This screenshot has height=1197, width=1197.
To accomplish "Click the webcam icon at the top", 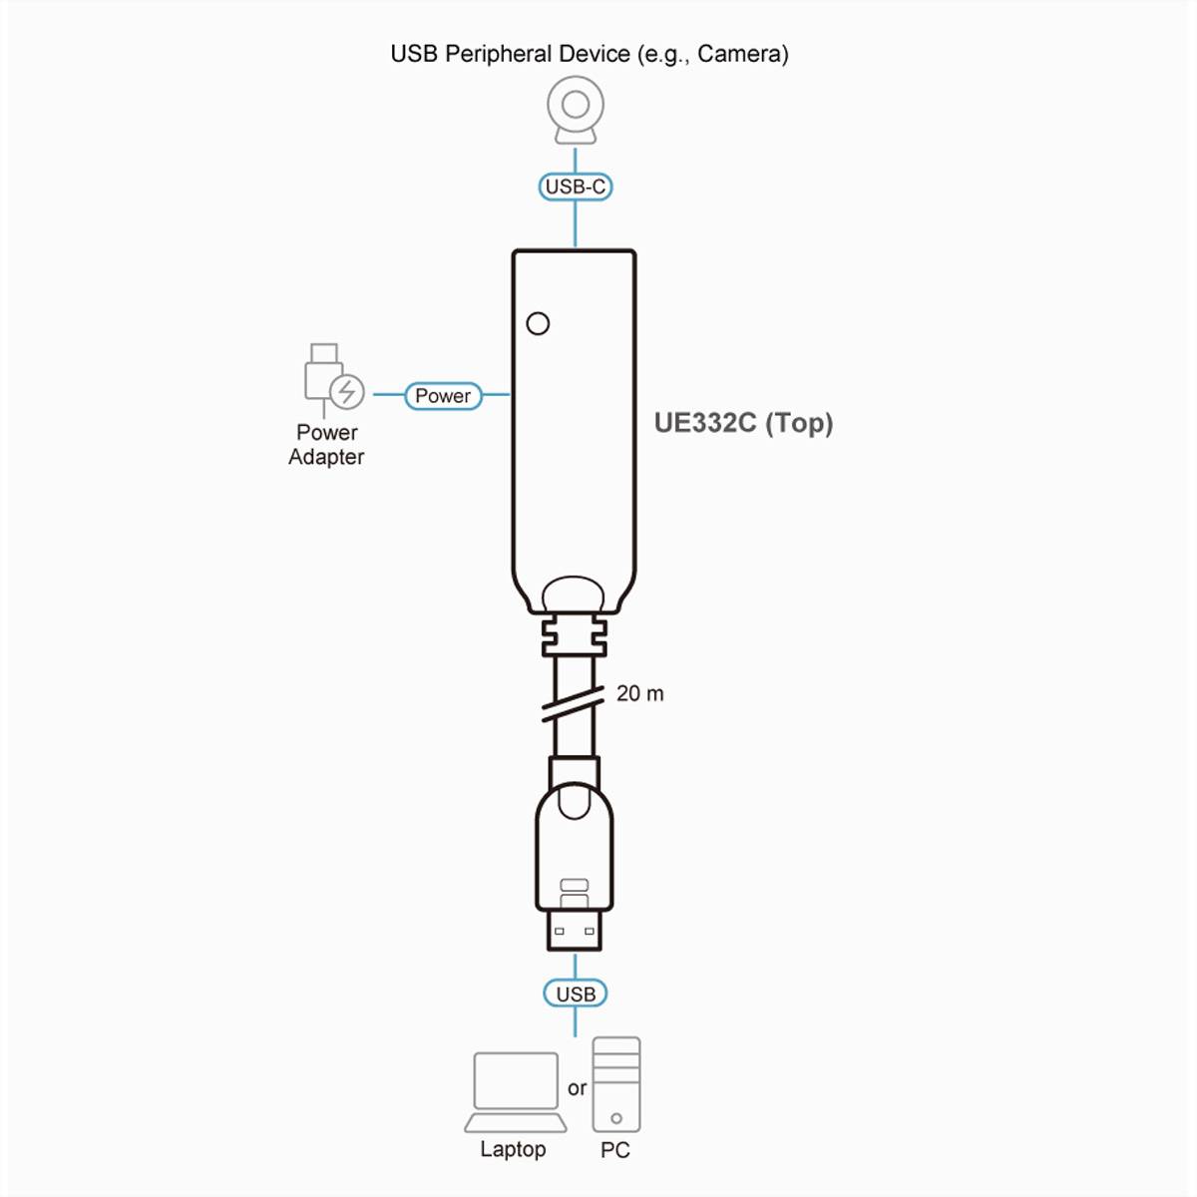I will pos(576,110).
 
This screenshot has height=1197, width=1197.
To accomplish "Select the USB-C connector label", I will pos(576,187).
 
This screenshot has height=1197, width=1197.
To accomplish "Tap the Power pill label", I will pos(443,396).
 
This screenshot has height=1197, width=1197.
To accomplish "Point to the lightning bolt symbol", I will pos(347,391).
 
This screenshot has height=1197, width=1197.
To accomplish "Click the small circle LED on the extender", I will pos(538,323).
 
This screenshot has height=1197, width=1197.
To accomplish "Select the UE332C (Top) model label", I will pos(743,423).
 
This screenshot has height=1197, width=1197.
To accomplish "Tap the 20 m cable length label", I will pos(639,693).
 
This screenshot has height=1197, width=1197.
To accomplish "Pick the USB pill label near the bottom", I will pos(576,994).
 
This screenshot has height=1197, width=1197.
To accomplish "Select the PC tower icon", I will pos(616,1084).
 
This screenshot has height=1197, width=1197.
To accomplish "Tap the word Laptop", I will pos(513,1149).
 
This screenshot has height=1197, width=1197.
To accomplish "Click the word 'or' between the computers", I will pos(577,1088).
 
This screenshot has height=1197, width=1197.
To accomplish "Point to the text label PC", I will pos(615,1150).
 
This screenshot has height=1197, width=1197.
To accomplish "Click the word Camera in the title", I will pos(742,54).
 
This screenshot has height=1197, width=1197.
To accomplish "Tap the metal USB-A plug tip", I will pos(575,929).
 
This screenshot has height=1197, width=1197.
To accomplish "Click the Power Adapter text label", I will pos(326,445).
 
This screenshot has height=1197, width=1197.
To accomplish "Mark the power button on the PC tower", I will pos(616,1118).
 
